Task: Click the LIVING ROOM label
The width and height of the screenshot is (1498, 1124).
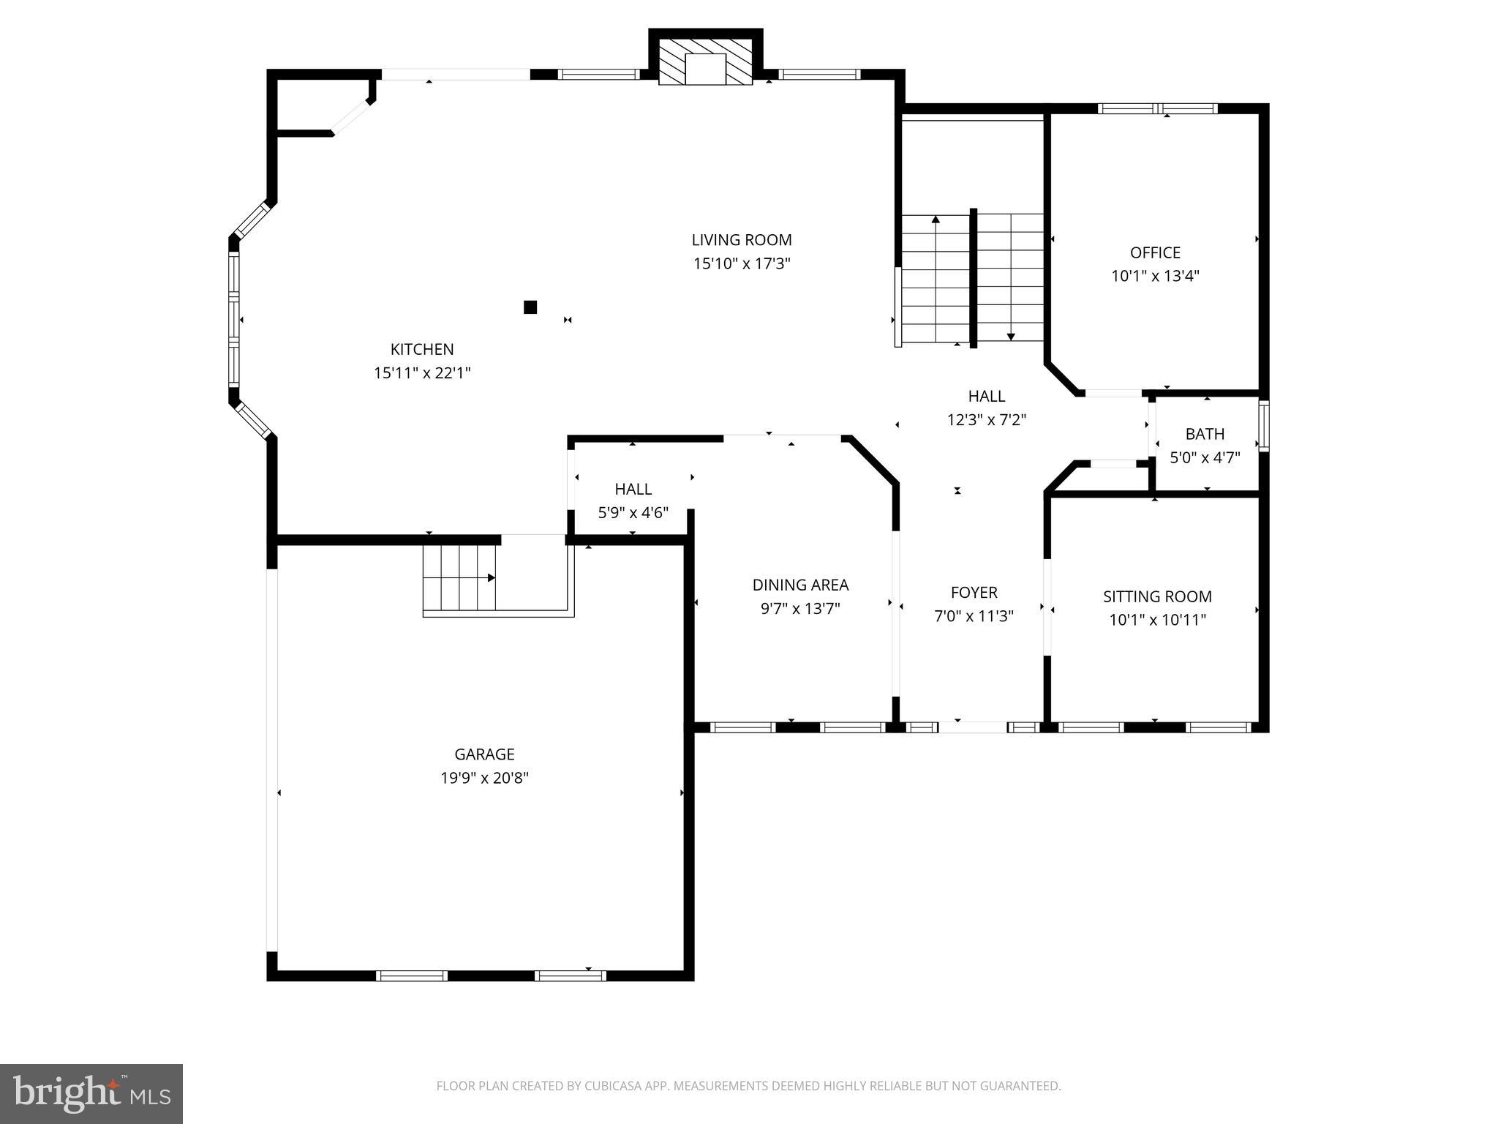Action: tap(742, 240)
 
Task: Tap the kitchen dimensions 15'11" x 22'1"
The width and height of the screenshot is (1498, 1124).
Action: tap(422, 373)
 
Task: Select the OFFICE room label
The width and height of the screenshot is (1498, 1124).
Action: tap(1155, 252)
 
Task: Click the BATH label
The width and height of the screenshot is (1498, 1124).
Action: tap(1205, 434)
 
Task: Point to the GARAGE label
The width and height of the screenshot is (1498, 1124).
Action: tap(484, 754)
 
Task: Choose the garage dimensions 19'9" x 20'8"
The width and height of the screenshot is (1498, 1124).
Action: tap(484, 778)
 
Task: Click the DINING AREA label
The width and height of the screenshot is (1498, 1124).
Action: tap(800, 585)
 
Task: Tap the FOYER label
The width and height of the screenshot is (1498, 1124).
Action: tap(974, 592)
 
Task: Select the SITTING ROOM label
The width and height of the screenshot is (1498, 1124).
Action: tap(1157, 596)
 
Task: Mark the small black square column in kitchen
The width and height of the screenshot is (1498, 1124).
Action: tap(530, 307)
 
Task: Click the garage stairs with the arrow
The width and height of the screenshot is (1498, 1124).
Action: tap(459, 577)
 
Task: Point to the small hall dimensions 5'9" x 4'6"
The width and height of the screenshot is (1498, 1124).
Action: tap(633, 513)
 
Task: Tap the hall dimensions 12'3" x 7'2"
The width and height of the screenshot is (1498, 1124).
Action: tap(986, 420)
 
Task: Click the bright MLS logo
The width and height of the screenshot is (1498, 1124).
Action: tap(91, 1093)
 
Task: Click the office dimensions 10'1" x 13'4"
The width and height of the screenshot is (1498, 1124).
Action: tap(1155, 277)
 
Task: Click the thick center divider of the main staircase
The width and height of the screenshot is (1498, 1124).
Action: tap(974, 278)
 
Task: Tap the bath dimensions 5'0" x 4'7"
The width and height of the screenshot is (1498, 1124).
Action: tap(1205, 458)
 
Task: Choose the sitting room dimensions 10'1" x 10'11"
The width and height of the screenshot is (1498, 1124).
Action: tap(1157, 621)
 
